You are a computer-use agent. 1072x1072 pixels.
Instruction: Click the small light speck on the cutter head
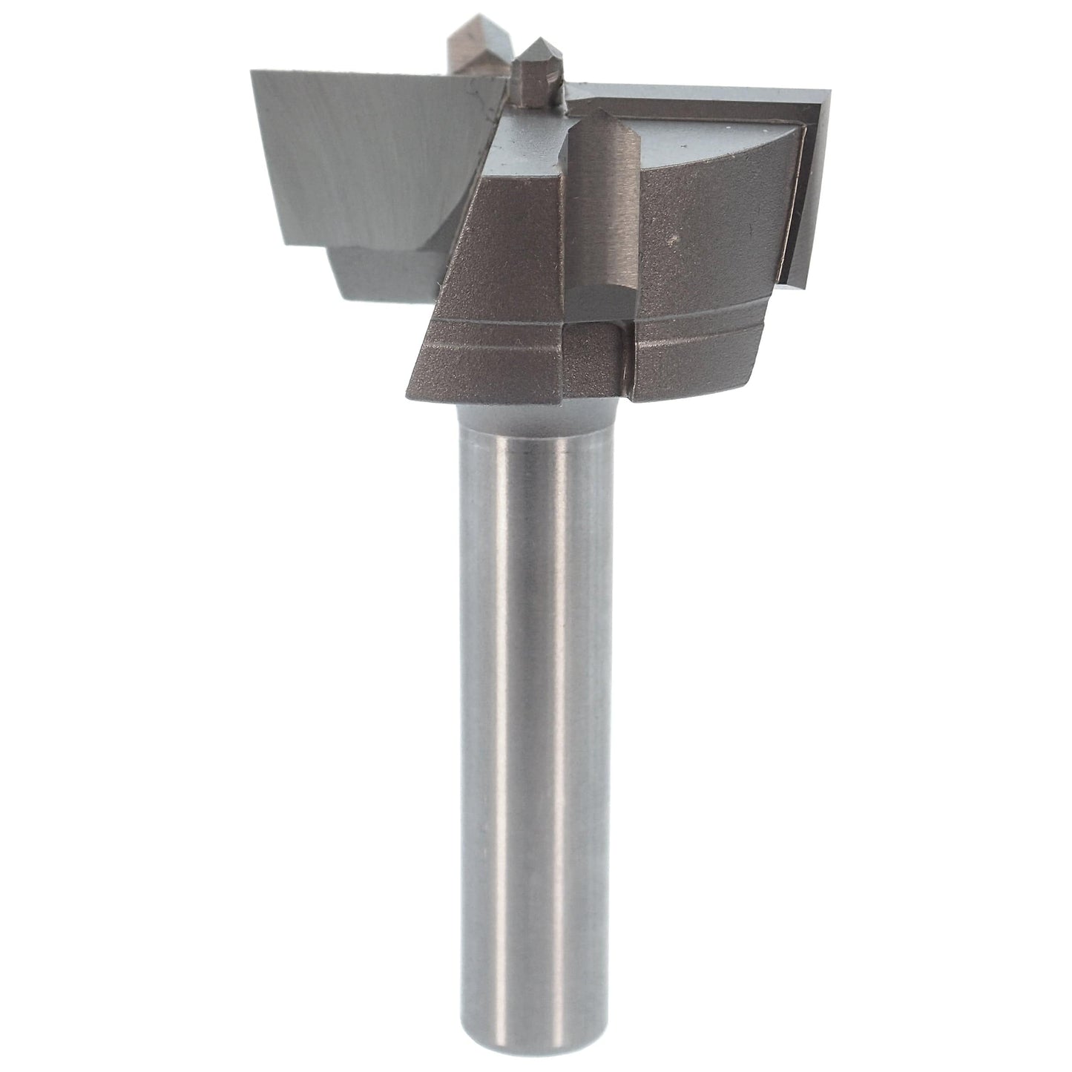(x=672, y=240)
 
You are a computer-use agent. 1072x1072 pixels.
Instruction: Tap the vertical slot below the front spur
(x=623, y=356)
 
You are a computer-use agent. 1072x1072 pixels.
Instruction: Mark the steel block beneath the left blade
(x=386, y=274)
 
